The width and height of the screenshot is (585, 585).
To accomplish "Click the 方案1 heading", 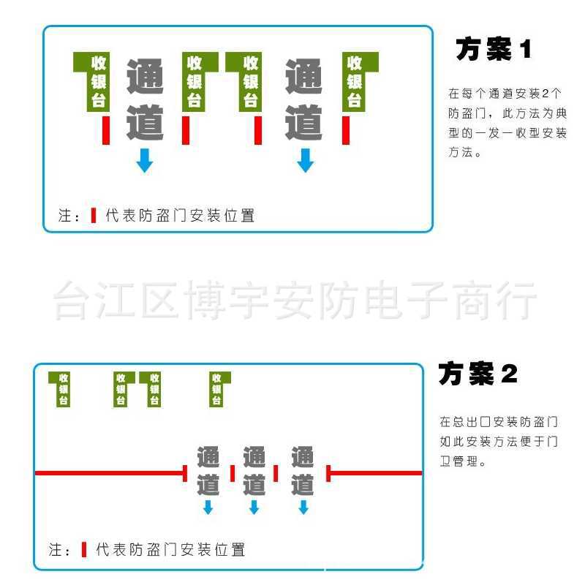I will tap(494, 50).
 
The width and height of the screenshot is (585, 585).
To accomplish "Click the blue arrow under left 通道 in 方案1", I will tap(145, 160).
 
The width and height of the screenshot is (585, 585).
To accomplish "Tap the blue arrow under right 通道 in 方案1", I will tap(305, 160).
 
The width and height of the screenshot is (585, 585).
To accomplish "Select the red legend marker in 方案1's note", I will tap(93, 216).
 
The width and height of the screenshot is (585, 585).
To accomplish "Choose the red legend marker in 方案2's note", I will tap(83, 549).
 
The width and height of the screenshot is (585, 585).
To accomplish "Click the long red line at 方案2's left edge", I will tap(110, 473).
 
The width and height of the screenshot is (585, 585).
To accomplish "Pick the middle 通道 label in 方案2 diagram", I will tap(254, 470).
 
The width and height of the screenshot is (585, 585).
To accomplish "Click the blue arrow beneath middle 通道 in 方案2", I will tap(254, 507).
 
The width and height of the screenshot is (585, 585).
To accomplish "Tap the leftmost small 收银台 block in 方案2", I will tap(62, 388).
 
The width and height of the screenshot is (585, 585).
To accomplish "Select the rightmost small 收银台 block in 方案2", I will tap(217, 388).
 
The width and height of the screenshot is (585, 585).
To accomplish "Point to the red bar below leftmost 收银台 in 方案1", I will tap(106, 129).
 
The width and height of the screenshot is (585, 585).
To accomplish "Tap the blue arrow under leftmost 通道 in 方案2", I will tap(208, 507).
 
